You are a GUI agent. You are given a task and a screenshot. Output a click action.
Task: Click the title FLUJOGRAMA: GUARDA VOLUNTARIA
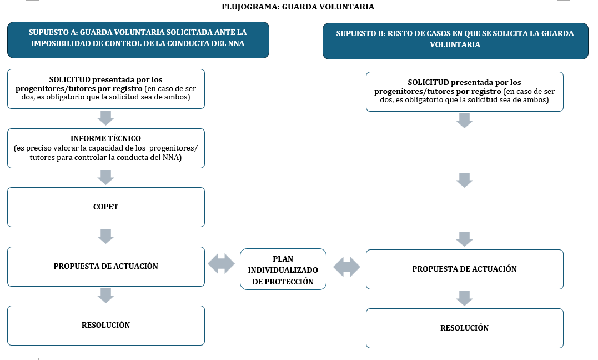[298, 7]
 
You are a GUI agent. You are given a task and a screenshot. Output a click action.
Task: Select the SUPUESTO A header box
[138, 39]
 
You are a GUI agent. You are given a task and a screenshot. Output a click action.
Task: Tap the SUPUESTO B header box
[455, 41]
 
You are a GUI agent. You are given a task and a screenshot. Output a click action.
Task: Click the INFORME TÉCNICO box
[106, 148]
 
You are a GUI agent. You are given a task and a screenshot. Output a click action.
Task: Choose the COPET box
[106, 207]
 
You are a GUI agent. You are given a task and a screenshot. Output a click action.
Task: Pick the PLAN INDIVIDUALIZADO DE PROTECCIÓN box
[283, 269]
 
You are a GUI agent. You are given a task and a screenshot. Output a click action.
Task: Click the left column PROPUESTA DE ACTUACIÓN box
[106, 267]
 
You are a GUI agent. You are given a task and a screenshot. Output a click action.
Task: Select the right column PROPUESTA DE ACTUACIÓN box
[465, 269]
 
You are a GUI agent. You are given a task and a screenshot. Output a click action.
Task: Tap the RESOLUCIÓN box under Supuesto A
[106, 325]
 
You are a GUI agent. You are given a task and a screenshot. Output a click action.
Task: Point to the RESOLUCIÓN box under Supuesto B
[465, 328]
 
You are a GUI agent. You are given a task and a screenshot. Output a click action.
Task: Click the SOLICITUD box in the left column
[106, 88]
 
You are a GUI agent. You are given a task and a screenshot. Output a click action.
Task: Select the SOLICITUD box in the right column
[465, 91]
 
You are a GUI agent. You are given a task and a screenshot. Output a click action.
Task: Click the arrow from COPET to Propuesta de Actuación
[105, 236]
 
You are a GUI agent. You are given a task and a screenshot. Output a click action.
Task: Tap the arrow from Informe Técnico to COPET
[105, 177]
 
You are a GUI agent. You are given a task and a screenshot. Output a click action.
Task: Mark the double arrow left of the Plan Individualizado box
[221, 263]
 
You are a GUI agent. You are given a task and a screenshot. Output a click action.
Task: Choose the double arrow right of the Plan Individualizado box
[346, 267]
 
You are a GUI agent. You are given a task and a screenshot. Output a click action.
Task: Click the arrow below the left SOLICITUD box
[105, 118]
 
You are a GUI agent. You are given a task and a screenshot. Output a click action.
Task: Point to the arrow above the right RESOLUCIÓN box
[465, 298]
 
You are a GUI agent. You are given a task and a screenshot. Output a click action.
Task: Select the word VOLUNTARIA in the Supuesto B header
[455, 44]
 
